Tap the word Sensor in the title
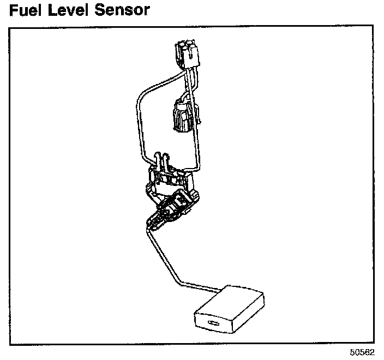click(121, 10)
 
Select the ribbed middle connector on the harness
click(181, 116)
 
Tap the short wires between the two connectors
click(189, 82)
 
